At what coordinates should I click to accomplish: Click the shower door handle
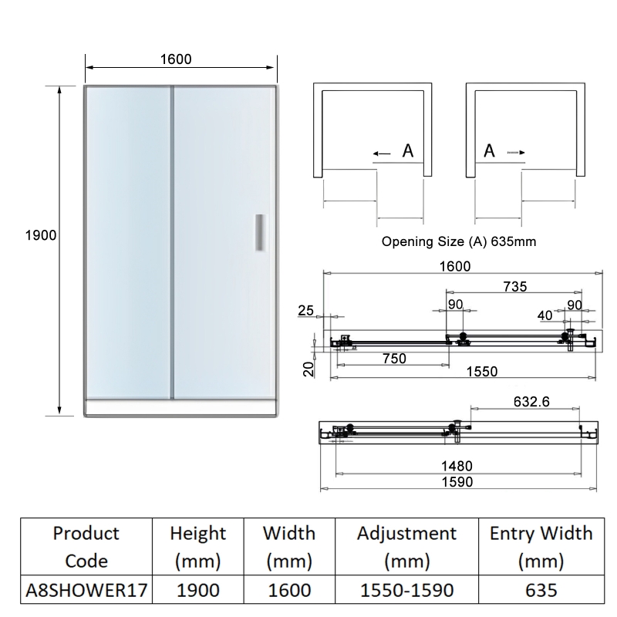click(260, 232)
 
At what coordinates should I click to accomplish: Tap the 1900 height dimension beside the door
click(41, 235)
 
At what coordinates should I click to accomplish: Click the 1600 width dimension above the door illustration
click(176, 59)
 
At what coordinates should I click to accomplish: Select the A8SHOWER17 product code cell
click(86, 590)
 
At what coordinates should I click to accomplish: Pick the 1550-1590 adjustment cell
click(407, 590)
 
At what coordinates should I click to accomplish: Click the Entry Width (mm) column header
click(541, 547)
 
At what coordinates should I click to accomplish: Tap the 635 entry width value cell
click(541, 590)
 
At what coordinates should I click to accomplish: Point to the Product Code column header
click(86, 547)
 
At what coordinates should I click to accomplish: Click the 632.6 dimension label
click(531, 402)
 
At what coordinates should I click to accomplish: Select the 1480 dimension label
click(457, 466)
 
